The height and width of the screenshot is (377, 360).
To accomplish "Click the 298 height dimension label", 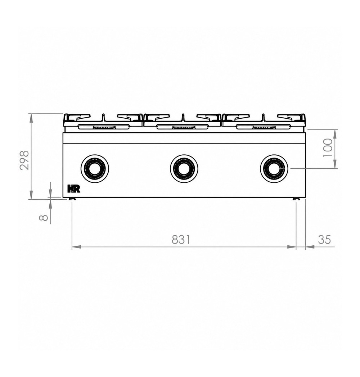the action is point(24,160).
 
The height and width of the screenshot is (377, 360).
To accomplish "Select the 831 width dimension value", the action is point(181,240).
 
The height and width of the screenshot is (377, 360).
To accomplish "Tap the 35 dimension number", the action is point(324,240).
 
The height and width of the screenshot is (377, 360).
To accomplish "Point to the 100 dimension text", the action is point(328,147).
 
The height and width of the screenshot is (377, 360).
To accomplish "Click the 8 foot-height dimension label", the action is point(44,217).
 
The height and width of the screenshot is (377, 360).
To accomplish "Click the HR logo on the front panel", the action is point(74,189).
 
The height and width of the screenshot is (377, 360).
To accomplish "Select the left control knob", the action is point(95,168).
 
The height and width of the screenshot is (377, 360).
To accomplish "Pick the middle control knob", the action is point(184,168).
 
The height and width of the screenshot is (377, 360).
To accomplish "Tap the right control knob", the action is point(274,168).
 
